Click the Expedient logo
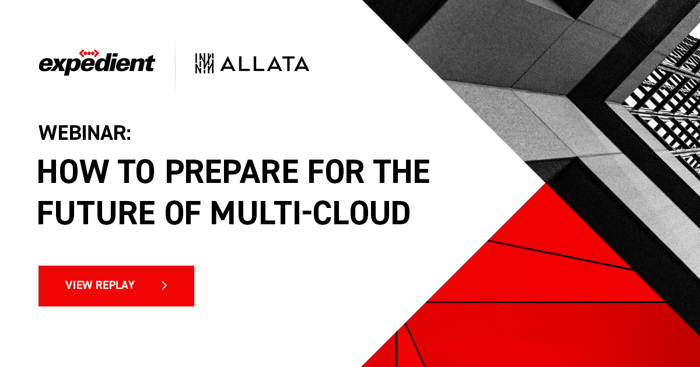coord(97,63)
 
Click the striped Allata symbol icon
coord(204,64)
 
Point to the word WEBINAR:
coord(85,133)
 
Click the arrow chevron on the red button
coord(164,285)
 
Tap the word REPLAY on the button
coord(114,285)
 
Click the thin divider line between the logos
coord(175,65)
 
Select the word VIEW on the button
coord(77,285)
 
